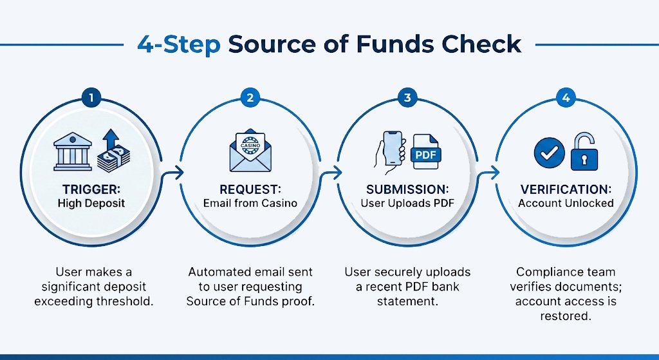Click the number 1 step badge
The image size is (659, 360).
coord(91,98)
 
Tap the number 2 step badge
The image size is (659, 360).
coord(249,98)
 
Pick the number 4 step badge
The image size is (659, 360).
coord(565,98)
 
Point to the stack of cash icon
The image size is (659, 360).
coord(113,158)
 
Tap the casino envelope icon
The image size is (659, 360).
coord(249,152)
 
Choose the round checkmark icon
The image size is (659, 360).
coord(550,153)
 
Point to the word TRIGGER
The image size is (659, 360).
coord(89,190)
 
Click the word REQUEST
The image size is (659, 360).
coord(249,190)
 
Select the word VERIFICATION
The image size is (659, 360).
coord(566,190)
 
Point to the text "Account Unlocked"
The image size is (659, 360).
coord(566,203)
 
